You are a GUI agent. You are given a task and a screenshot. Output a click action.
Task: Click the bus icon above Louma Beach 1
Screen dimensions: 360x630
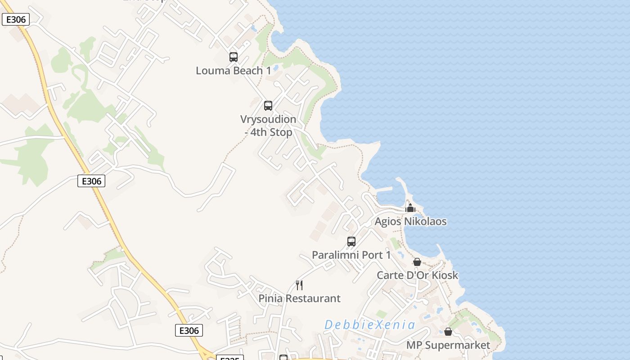(233, 57)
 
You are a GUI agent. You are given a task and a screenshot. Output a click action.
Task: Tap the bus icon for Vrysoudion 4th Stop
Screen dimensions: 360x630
(268, 106)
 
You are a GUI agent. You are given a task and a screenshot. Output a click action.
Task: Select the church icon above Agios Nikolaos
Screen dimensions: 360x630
(410, 208)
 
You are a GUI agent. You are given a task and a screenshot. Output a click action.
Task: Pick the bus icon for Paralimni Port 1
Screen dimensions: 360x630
(351, 242)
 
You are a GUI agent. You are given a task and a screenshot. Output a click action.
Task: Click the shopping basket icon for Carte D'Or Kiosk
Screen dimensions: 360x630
(417, 262)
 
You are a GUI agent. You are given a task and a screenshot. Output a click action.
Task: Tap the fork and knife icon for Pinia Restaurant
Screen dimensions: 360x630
(299, 285)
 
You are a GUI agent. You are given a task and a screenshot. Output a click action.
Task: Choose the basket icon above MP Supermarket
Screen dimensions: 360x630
(448, 332)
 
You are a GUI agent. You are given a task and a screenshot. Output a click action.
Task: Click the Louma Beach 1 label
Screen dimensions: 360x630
(234, 71)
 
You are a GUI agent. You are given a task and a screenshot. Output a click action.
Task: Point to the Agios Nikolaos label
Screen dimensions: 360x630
(411, 221)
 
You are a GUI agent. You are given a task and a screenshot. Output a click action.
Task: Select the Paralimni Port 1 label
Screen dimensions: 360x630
(351, 255)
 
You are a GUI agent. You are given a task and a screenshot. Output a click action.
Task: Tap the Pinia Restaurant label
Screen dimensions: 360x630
(299, 298)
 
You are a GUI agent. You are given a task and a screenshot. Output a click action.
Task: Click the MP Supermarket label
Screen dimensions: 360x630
(448, 346)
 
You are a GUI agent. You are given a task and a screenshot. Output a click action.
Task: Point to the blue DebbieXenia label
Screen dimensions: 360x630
(369, 325)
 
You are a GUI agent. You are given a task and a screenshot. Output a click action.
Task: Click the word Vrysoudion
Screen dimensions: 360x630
(268, 119)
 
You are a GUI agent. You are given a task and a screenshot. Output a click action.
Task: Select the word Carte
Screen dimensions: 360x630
(390, 275)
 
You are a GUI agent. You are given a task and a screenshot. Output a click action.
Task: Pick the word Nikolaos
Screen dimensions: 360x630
(426, 221)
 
